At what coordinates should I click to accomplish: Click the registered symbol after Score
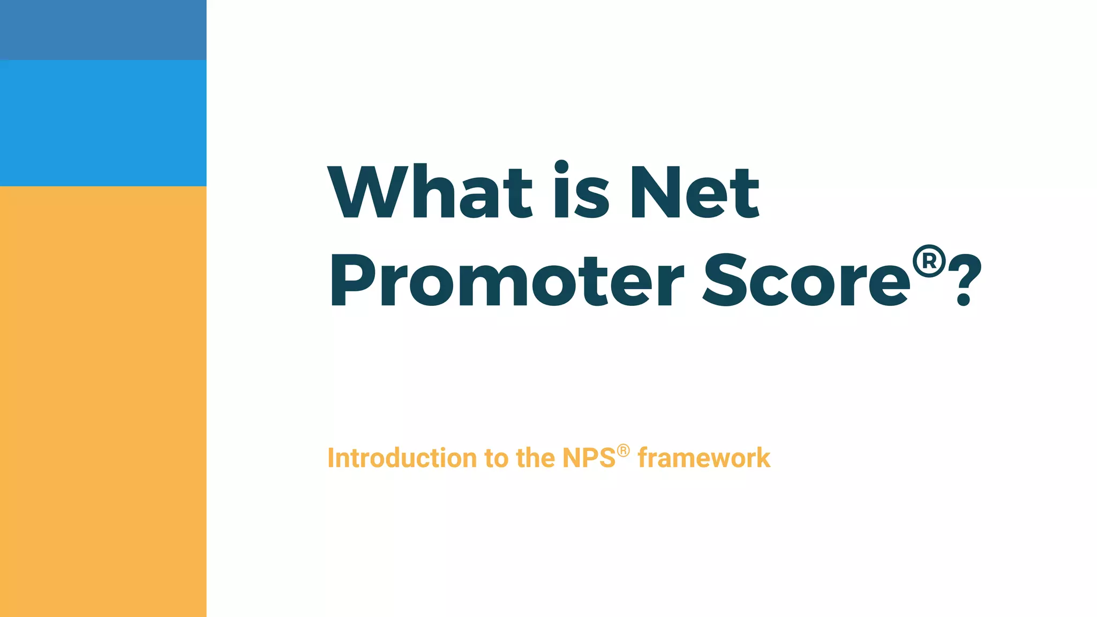(x=929, y=261)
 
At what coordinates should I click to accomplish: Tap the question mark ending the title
(x=964, y=281)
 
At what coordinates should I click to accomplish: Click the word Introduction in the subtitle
(x=402, y=458)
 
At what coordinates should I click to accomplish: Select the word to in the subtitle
(x=496, y=458)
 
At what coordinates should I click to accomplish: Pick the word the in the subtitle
(x=535, y=458)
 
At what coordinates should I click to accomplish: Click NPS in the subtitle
(x=589, y=458)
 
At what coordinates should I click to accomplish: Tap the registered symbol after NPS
(x=623, y=450)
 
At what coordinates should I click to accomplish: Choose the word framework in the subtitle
(x=704, y=458)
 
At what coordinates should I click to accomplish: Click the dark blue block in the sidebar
(x=103, y=29)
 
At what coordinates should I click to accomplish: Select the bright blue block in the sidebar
(x=103, y=123)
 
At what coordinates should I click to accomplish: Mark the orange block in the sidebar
(x=103, y=402)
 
